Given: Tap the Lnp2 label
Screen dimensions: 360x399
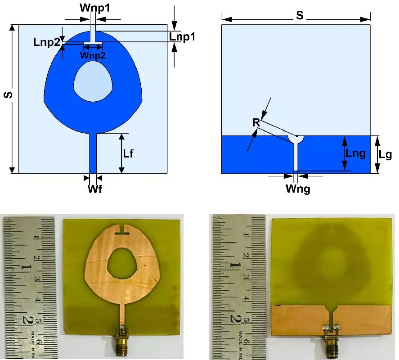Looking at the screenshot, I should [46, 42].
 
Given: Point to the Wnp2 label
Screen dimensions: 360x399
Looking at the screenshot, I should [93, 55].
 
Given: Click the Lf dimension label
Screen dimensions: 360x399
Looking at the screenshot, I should [128, 153].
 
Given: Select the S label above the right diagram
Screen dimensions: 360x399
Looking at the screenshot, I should [299, 16].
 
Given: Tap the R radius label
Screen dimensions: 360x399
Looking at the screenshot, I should [256, 123].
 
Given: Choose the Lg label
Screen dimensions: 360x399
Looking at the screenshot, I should [385, 155].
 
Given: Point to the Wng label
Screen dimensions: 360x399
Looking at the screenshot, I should [298, 188].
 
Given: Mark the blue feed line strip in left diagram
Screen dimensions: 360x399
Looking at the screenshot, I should [93, 153].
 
